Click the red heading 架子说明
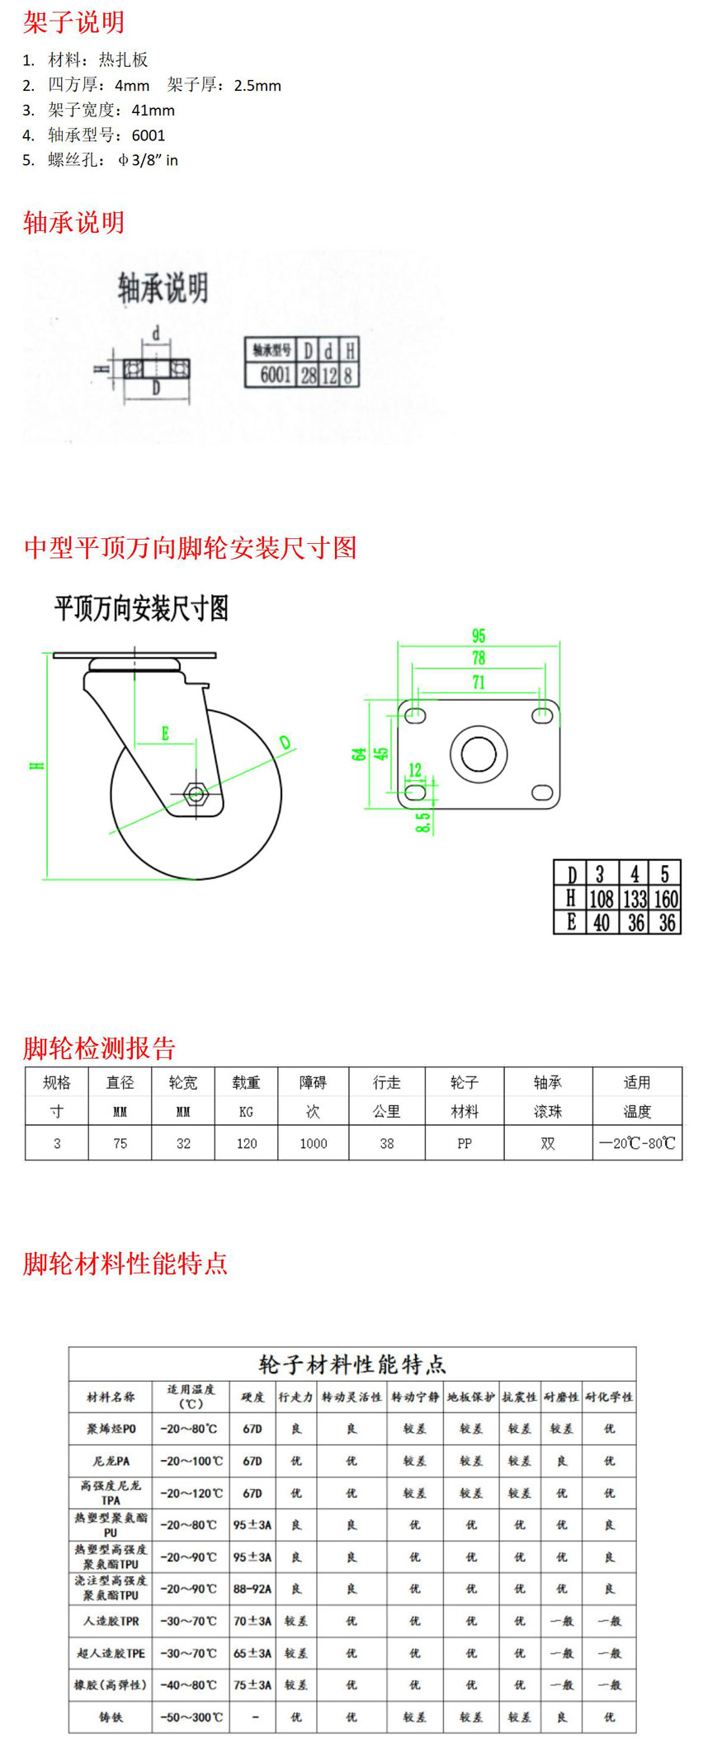[73, 22]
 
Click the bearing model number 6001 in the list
[149, 135]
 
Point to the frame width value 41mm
[153, 111]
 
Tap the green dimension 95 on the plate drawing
[479, 636]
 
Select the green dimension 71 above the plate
[479, 683]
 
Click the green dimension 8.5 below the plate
[422, 821]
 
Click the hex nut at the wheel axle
[196, 794]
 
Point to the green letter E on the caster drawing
[165, 733]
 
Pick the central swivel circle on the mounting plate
[479, 754]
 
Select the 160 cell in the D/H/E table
[665, 899]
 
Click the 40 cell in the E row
[602, 923]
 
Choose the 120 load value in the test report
[247, 1144]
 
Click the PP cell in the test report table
[465, 1144]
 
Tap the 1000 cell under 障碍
[314, 1144]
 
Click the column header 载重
[247, 1082]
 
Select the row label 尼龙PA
[111, 1461]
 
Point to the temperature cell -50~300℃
[191, 1718]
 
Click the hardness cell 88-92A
[252, 1589]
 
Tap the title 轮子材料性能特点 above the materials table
[352, 1364]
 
